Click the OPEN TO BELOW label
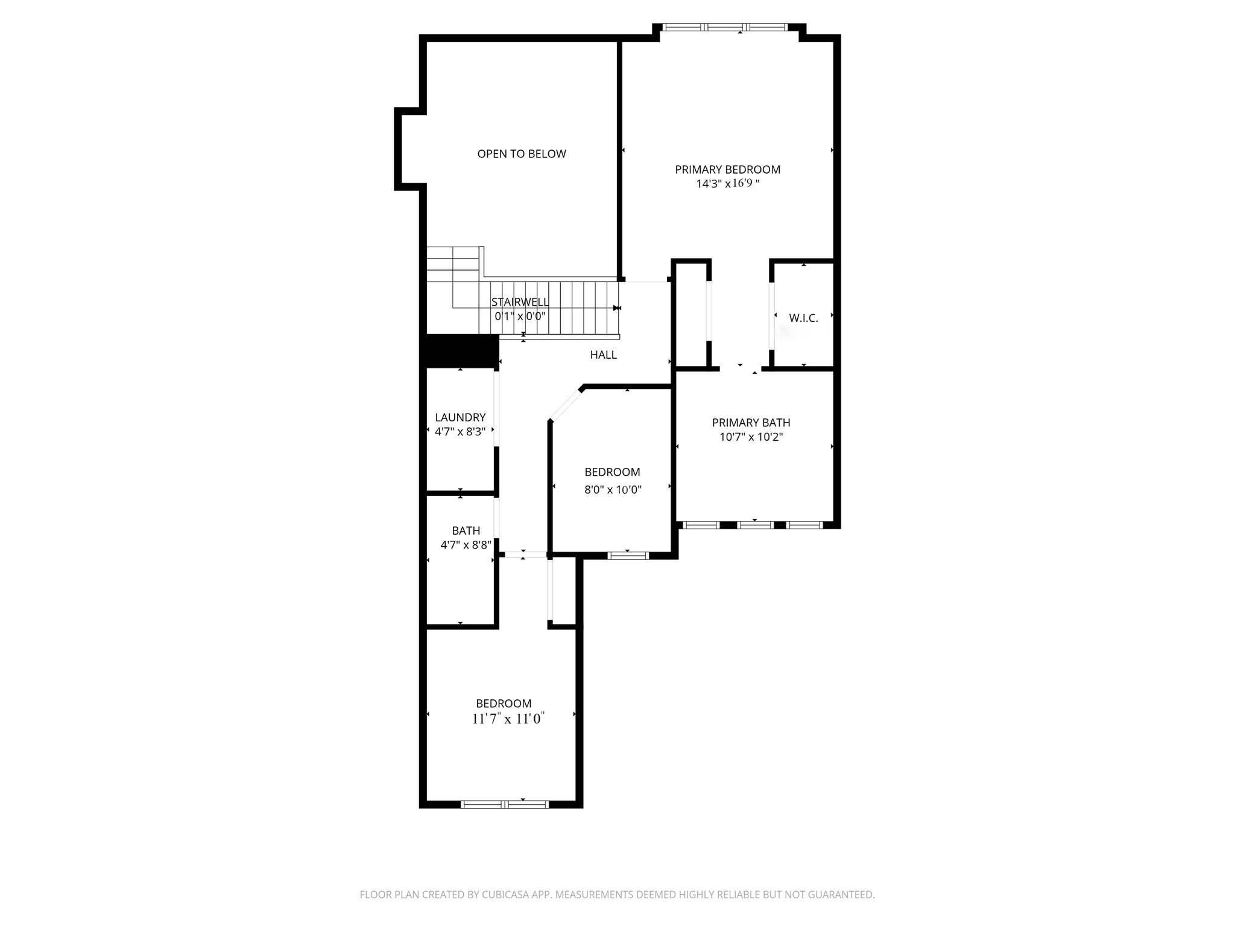pos(522,154)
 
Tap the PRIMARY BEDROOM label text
pos(727,169)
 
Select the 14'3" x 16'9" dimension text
pos(727,184)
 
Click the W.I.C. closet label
pos(803,318)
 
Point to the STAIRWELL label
pos(520,302)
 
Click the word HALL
pos(603,355)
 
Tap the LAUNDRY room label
pos(460,417)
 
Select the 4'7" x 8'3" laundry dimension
pos(460,432)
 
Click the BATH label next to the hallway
pos(466,531)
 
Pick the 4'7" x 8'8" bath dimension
pos(466,545)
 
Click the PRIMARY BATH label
pos(751,423)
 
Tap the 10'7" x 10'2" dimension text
pos(751,437)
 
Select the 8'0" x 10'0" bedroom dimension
pos(613,490)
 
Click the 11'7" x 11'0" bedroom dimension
pos(508,719)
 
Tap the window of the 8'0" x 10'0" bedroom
pos(628,555)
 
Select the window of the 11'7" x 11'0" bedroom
pos(505,804)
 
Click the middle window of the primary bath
pos(756,525)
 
